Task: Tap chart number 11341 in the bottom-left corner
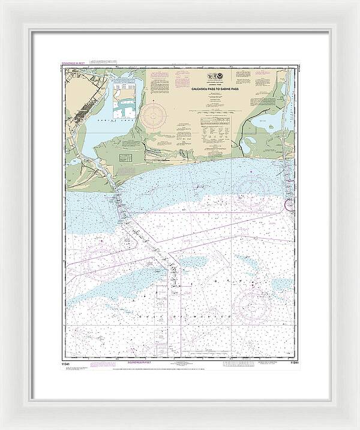(67, 362)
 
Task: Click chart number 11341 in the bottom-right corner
(293, 362)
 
